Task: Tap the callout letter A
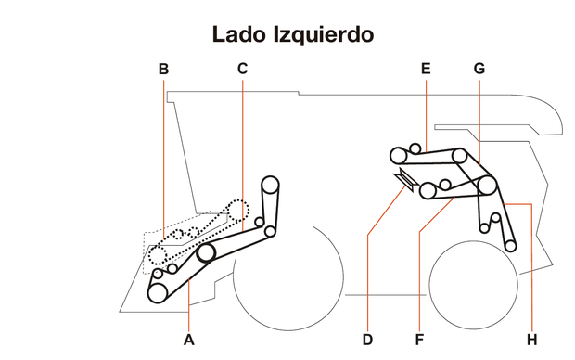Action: coord(189,339)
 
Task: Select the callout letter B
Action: coord(163,69)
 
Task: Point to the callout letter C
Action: coord(242,69)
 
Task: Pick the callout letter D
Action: coord(367,339)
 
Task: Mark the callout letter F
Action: coord(418,339)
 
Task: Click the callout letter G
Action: coord(479,69)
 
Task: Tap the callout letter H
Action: coord(531,339)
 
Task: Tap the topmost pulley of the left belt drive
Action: coord(270,183)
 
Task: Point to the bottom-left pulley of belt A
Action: coord(159,292)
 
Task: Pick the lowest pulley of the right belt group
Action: coord(511,244)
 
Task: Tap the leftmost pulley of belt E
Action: coord(398,153)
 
